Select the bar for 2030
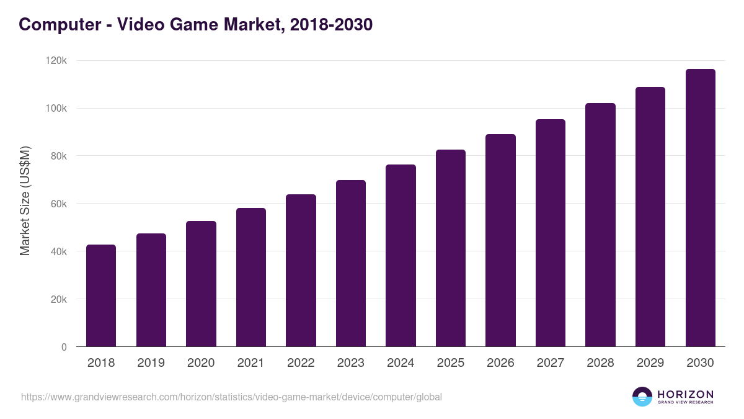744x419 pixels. point(700,208)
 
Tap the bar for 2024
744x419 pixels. point(401,256)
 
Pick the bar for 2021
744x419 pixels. point(251,277)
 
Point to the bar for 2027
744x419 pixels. point(551,233)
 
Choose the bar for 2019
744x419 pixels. point(151,290)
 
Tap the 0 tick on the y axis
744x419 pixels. point(63,347)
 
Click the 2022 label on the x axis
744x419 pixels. point(301,363)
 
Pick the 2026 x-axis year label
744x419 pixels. point(500,363)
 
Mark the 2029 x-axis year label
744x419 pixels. point(650,363)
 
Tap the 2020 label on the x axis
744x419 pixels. point(201,363)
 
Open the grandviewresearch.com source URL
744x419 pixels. point(231,397)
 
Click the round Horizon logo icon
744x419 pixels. point(642,397)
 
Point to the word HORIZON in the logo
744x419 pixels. point(685,394)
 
